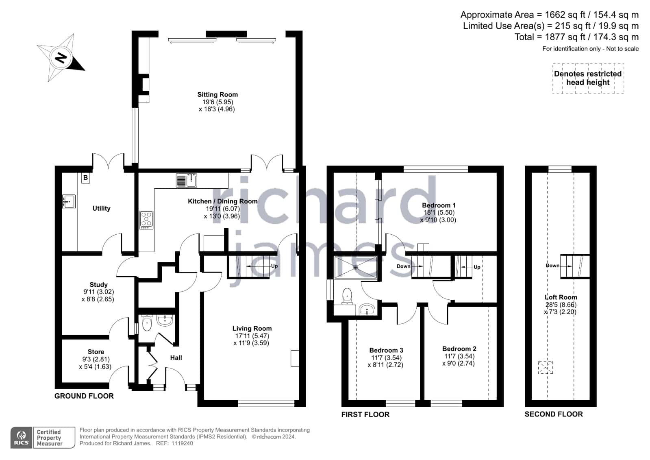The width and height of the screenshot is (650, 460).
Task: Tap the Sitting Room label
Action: point(217,95)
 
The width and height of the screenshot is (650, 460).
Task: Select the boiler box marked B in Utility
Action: point(86,177)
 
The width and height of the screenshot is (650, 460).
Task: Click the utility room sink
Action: point(69,202)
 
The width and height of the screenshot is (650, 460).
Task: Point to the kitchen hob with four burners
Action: point(146,220)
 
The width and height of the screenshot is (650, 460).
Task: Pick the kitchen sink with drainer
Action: point(186,180)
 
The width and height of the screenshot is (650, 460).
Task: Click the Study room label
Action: point(98,285)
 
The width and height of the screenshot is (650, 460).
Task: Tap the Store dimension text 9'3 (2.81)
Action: point(96,359)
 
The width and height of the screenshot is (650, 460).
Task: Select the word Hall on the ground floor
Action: point(176,358)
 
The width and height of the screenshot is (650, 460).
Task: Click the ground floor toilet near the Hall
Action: point(147,323)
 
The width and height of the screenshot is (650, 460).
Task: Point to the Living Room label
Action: point(252,329)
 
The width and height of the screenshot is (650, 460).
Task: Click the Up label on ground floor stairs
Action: point(274,266)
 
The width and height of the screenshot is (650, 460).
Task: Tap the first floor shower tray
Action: point(356,267)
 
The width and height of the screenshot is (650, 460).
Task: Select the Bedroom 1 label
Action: point(439,205)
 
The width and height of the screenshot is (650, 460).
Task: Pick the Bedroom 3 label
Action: point(386,350)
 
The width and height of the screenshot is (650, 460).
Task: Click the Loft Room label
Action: point(561,297)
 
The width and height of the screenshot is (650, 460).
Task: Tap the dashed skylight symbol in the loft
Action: point(546,367)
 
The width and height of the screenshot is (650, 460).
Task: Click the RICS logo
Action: point(22,437)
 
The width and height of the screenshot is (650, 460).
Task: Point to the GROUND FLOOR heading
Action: point(84,396)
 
